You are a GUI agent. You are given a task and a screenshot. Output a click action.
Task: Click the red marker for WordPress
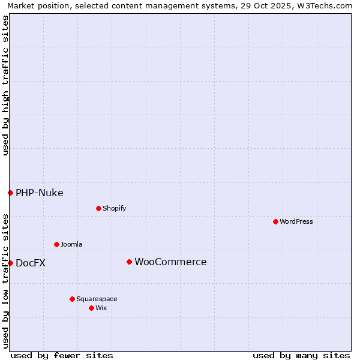[x=275, y=221]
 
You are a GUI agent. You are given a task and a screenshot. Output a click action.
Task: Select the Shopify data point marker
[x=98, y=208]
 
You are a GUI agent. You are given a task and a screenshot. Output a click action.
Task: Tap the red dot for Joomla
[x=56, y=244]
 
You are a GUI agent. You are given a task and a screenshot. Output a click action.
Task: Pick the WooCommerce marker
[x=129, y=262]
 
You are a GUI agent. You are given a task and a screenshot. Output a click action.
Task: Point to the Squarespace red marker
[x=72, y=299]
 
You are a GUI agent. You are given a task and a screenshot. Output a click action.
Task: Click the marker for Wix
[x=91, y=308]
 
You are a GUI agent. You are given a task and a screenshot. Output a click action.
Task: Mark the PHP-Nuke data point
[x=10, y=193]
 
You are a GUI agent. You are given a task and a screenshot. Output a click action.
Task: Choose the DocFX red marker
[x=10, y=263]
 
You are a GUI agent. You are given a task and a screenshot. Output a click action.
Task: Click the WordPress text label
[x=296, y=221]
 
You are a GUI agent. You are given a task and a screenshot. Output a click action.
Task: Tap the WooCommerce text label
[x=170, y=262]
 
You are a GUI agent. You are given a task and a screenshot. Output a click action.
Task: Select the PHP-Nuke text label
[x=40, y=193]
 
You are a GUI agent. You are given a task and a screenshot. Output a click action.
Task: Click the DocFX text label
[x=31, y=263]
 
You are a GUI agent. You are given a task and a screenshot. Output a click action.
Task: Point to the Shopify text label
[x=114, y=208]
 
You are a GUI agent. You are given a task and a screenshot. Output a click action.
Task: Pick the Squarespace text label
[x=97, y=299]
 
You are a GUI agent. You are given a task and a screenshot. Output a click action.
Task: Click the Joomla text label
[x=71, y=244]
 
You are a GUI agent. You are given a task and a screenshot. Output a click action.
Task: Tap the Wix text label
[x=101, y=308]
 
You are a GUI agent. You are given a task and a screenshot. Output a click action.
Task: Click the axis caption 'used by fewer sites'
[x=62, y=355]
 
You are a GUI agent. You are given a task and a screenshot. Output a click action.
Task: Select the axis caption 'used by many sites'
[x=301, y=355]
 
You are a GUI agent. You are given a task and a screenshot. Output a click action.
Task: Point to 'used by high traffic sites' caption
[x=6, y=86]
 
